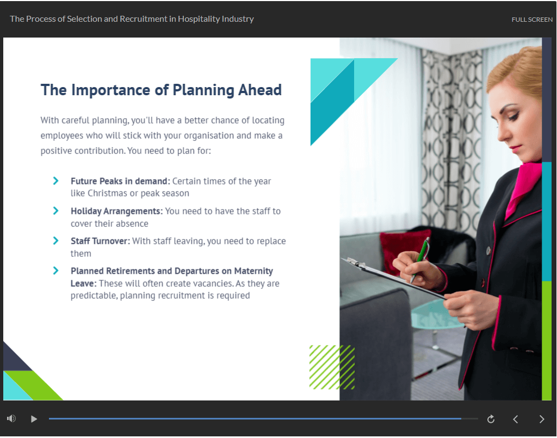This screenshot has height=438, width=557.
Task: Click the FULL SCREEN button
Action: pyautogui.click(x=532, y=20)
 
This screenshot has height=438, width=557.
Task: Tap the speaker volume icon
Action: pyautogui.click(x=11, y=418)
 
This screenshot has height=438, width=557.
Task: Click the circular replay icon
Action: pyautogui.click(x=491, y=419)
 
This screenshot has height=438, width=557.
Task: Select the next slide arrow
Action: pyautogui.click(x=542, y=419)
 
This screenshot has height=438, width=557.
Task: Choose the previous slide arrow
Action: pyautogui.click(x=516, y=419)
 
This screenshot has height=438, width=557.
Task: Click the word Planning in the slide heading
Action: pyautogui.click(x=203, y=90)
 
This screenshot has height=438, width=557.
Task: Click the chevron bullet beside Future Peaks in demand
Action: pyautogui.click(x=56, y=181)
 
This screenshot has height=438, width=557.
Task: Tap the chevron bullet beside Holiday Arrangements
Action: pyautogui.click(x=56, y=211)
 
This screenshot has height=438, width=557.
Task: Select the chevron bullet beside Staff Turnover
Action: pyautogui.click(x=56, y=240)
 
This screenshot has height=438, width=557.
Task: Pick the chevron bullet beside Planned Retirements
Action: pyautogui.click(x=56, y=270)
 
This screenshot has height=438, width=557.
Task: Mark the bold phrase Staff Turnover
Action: pyautogui.click(x=100, y=241)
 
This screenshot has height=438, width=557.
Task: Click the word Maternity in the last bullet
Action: pyautogui.click(x=253, y=271)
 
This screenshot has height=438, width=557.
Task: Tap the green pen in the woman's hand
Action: pyautogui.click(x=420, y=259)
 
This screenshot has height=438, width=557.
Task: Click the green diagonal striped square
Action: pyautogui.click(x=332, y=367)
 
